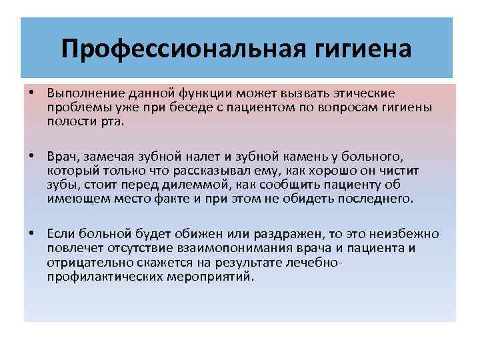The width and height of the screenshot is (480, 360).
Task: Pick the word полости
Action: coord(67,121)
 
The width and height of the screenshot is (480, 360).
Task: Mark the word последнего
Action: coord(377,199)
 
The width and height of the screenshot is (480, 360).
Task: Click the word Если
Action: coord(61,234)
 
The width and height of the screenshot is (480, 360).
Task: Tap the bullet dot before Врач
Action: coord(31,155)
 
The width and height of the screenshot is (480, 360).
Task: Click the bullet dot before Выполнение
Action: coord(31,92)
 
